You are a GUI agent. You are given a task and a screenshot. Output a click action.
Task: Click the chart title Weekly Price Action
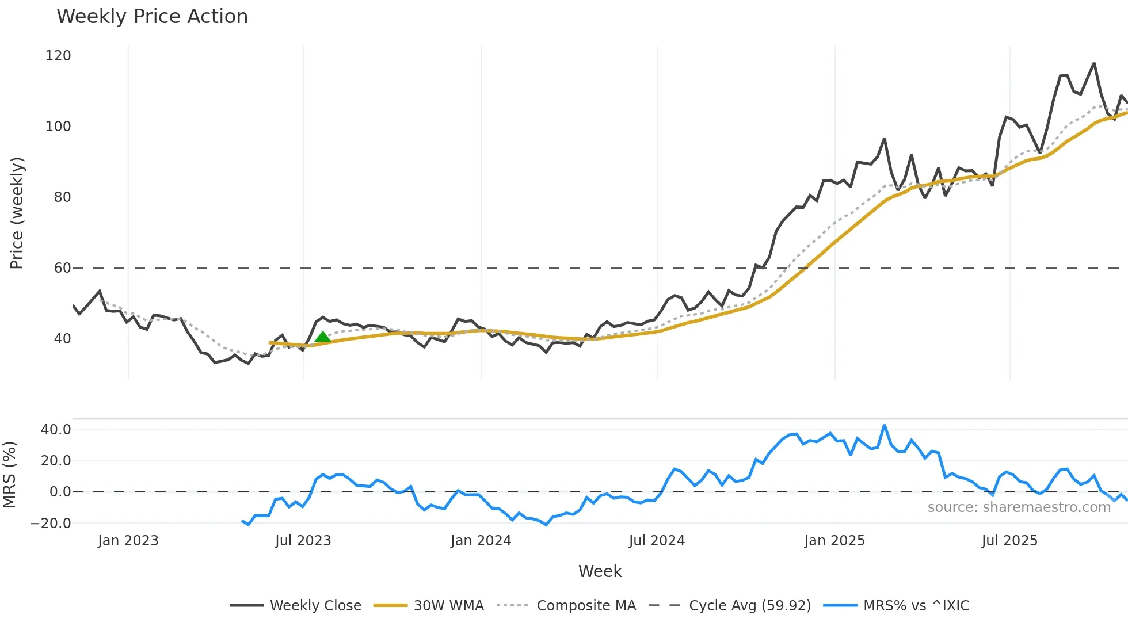[152, 17]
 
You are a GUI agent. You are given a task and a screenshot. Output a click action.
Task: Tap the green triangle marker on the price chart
[323, 337]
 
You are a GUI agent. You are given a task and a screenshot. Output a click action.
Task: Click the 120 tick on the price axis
[58, 56]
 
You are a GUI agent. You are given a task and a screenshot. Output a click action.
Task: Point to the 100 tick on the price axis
[58, 127]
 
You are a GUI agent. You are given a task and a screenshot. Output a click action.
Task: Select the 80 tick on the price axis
[62, 197]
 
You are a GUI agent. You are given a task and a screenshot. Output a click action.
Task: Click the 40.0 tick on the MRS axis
[56, 430]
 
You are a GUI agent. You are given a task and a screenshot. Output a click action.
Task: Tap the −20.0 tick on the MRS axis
[51, 524]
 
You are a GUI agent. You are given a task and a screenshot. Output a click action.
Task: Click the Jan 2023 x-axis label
[128, 541]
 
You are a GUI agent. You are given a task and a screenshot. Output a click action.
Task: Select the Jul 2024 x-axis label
[657, 541]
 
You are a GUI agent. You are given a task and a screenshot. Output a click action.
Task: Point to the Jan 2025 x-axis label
[834, 541]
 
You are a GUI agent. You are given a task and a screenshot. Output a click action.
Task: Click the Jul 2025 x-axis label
[1009, 541]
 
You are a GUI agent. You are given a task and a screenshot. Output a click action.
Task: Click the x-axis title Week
[600, 571]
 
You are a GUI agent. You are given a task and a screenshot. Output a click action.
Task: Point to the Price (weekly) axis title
[17, 213]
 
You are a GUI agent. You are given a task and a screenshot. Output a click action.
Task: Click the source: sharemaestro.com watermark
[1019, 507]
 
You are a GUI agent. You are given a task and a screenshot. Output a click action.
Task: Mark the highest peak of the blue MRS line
[885, 426]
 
